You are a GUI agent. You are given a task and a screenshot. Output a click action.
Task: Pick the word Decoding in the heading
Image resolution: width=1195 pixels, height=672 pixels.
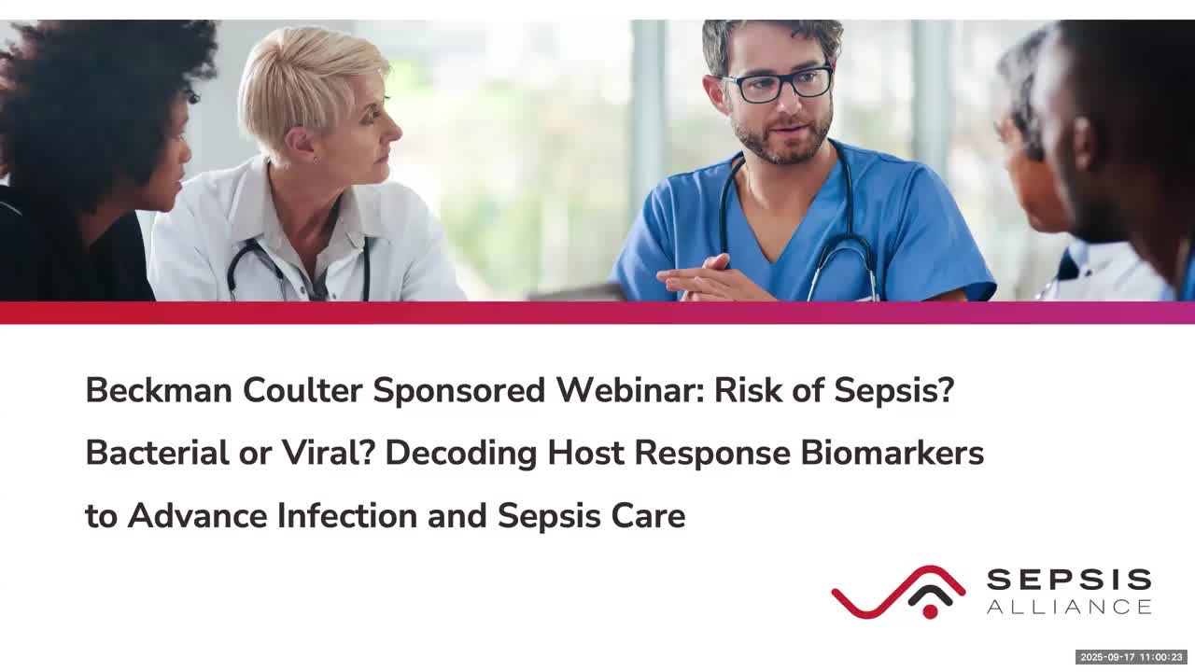(461, 454)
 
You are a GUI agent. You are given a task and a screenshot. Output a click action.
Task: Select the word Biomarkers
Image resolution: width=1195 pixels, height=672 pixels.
(892, 453)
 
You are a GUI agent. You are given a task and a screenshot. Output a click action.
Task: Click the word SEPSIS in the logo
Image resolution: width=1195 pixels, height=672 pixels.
(1069, 580)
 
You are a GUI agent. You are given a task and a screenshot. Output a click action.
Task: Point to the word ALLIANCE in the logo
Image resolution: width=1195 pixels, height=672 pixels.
(1069, 607)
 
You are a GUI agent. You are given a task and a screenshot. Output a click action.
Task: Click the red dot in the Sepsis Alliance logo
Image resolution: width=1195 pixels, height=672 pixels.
(930, 611)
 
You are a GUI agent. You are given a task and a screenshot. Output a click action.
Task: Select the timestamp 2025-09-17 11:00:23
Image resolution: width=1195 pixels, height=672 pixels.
(1132, 657)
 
